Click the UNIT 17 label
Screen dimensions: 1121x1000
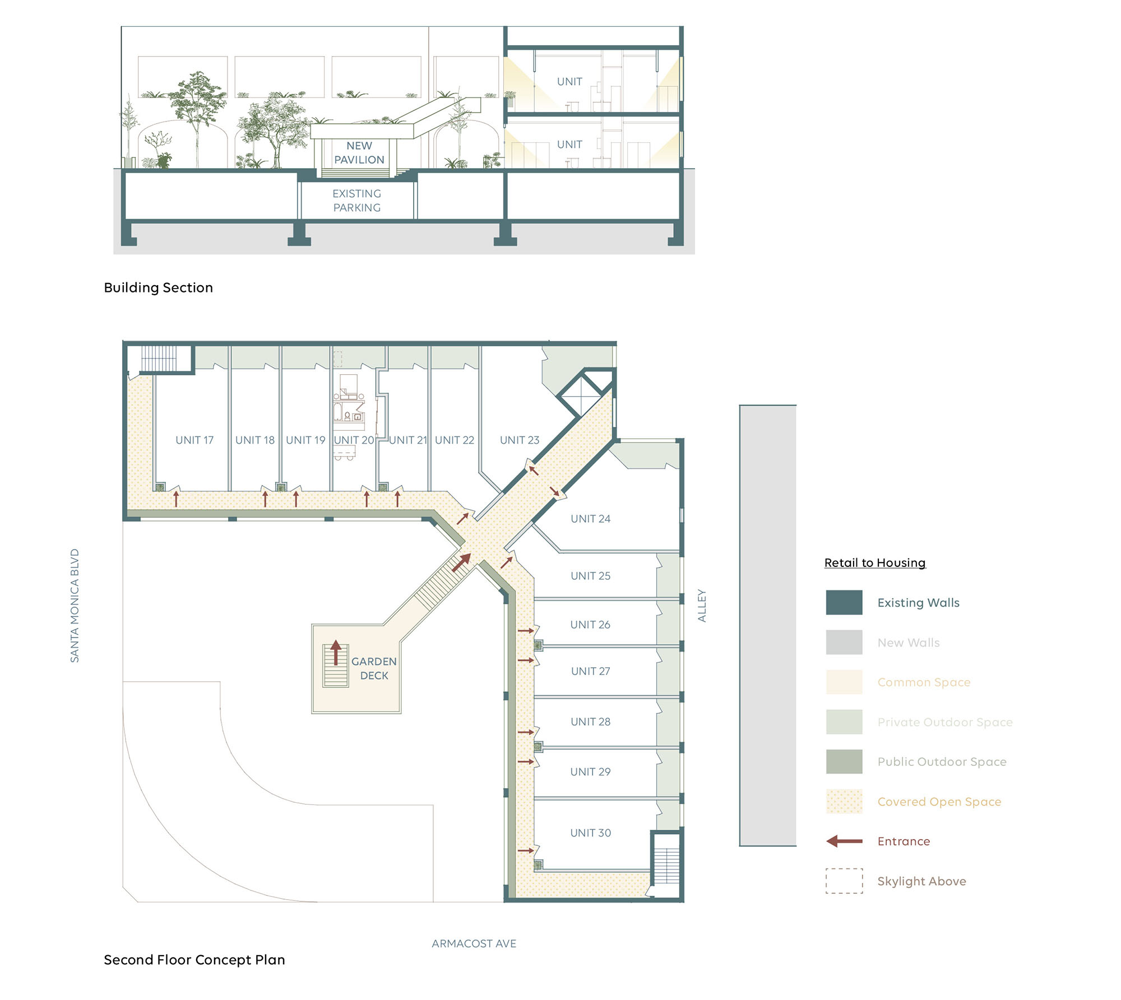pyautogui.click(x=194, y=440)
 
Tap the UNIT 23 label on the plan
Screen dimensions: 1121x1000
pyautogui.click(x=520, y=440)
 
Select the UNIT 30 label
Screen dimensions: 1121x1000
pyautogui.click(x=591, y=833)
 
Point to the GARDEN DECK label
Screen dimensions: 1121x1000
pyautogui.click(x=374, y=668)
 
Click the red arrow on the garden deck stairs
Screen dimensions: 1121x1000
pyautogui.click(x=336, y=653)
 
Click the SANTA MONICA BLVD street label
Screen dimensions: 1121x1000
pyautogui.click(x=75, y=606)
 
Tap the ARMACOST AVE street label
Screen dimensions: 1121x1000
pyautogui.click(x=474, y=943)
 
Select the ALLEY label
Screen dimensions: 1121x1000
pyautogui.click(x=702, y=606)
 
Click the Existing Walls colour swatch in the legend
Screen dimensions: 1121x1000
pyautogui.click(x=844, y=602)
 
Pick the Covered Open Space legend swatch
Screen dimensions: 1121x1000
pyautogui.click(x=844, y=801)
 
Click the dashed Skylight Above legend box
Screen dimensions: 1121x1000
pyautogui.click(x=844, y=881)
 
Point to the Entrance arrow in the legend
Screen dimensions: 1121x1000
pyautogui.click(x=845, y=841)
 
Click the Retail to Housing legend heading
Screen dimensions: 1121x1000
pyautogui.click(x=875, y=563)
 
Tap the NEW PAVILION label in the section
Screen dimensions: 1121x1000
pyautogui.click(x=359, y=153)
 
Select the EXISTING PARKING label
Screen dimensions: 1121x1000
pyautogui.click(x=357, y=201)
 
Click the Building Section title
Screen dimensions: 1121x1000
pyautogui.click(x=159, y=287)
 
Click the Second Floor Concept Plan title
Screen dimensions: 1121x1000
pyautogui.click(x=194, y=960)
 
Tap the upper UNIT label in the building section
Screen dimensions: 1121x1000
pyautogui.click(x=569, y=82)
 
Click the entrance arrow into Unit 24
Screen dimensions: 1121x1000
pyautogui.click(x=554, y=491)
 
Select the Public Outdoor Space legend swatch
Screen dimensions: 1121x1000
pyautogui.click(x=844, y=761)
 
